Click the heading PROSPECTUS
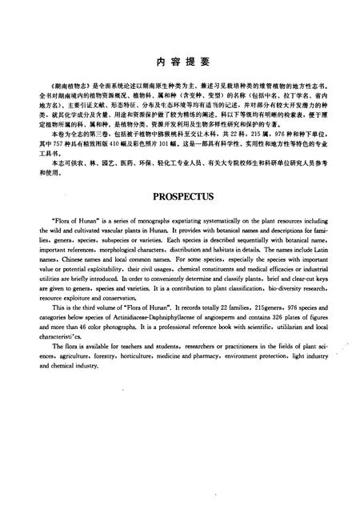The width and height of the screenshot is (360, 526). (x=180, y=195)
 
